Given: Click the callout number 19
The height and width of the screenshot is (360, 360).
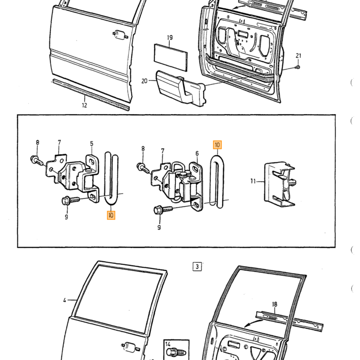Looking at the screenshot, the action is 170,38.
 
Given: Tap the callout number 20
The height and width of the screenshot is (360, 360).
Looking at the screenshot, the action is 144,81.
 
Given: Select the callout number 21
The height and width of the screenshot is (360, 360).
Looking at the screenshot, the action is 298,56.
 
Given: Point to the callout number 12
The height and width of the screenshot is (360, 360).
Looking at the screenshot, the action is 84,105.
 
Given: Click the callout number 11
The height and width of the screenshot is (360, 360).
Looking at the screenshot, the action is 253,182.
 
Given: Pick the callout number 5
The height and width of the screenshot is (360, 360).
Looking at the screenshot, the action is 92,143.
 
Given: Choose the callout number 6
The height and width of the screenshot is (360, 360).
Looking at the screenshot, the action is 197,153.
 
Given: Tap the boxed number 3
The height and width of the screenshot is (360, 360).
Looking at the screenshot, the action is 197,266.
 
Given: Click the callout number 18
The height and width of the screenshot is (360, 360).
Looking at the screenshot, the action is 275,304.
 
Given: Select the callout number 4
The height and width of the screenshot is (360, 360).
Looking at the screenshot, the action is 65,300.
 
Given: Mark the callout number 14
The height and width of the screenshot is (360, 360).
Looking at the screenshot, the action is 168,344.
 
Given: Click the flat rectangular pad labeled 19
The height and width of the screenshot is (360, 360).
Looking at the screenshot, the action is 171,58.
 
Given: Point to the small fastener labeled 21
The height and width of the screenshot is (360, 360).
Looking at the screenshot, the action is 298,67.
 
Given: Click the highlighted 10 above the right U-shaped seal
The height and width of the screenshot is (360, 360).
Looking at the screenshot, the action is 217,145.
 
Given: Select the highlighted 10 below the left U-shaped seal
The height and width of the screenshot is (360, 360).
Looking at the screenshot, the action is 111,215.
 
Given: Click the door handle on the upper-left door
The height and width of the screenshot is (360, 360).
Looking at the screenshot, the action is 120,35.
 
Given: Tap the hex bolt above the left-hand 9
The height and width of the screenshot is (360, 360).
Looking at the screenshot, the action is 71,201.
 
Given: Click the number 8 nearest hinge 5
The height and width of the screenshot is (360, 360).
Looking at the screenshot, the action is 38,142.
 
